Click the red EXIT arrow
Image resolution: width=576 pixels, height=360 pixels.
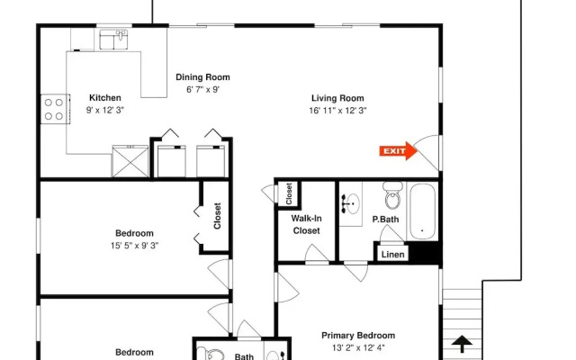[398, 151]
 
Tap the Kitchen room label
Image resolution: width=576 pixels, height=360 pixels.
[105, 98]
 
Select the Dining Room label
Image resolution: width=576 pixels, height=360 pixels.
[202, 77]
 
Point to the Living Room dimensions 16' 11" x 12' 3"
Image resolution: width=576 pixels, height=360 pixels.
[337, 111]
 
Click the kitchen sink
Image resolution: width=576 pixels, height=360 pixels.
[113, 40]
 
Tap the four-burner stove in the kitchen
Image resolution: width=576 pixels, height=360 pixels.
[54, 109]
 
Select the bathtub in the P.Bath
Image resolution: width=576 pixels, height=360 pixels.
[422, 211]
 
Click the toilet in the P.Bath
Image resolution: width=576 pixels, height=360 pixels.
[392, 195]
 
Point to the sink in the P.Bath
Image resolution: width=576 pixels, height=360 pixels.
[351, 203]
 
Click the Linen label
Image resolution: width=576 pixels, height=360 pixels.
[392, 254]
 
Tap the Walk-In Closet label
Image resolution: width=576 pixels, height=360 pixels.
[306, 224]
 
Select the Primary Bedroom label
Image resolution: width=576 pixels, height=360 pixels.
[358, 336]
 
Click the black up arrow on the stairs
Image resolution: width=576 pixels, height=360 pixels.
[462, 344]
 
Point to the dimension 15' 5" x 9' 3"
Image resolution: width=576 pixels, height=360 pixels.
[134, 246]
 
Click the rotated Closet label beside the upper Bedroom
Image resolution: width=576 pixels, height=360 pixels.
[217, 216]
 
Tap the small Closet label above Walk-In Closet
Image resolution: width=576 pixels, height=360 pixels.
[289, 193]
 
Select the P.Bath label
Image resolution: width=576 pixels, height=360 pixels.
[385, 220]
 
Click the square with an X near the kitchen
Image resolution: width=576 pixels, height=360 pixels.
[130, 162]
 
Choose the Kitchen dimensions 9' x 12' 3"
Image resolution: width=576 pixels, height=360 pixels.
[105, 110]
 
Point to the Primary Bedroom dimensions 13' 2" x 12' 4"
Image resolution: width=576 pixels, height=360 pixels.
[358, 347]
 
